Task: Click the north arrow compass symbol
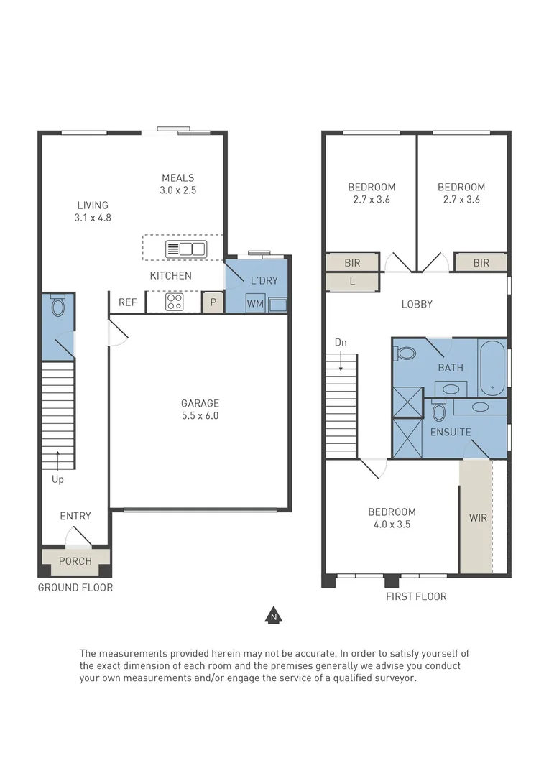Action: [273, 615]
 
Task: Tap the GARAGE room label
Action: [200, 403]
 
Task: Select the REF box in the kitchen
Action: [127, 302]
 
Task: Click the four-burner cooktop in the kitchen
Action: [174, 302]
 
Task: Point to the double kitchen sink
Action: [186, 249]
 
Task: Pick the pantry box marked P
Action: [213, 302]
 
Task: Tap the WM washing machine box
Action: [255, 304]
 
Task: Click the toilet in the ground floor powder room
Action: [58, 307]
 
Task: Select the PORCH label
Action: [75, 561]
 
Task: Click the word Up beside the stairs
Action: [57, 478]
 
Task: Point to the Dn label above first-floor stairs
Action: [341, 343]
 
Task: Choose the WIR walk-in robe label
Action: [477, 517]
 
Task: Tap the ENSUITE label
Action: [451, 432]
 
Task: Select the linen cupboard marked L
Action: [352, 282]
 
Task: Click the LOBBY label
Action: [417, 304]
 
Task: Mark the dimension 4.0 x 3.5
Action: [392, 525]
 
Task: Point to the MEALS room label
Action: [178, 178]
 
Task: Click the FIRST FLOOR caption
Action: [416, 596]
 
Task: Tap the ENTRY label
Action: [75, 516]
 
